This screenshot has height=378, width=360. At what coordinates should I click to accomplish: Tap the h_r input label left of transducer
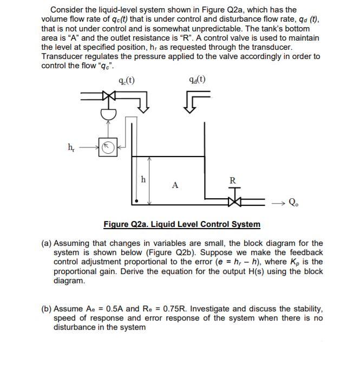pyautogui.click(x=71, y=146)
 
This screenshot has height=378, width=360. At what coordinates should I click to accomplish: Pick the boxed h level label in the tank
pyautogui.click(x=143, y=179)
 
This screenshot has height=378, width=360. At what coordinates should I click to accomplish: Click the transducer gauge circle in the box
pyautogui.click(x=108, y=146)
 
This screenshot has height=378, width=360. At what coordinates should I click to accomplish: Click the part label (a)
pyautogui.click(x=47, y=244)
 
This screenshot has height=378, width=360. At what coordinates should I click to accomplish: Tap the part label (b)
pyautogui.click(x=47, y=309)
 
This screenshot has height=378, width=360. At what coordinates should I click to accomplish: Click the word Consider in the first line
pyautogui.click(x=68, y=10)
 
